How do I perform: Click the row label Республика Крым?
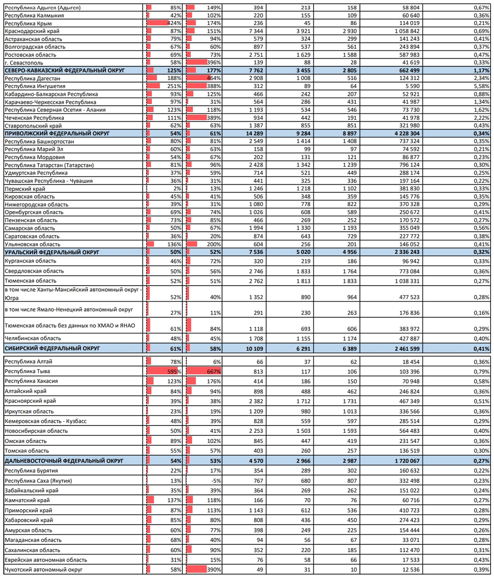coord(28,24)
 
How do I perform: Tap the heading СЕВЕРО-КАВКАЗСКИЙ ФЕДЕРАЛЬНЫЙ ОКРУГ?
coord(65,70)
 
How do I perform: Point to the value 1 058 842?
coord(407,31)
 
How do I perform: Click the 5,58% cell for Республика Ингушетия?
coord(482,86)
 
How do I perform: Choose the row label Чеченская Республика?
coord(34,118)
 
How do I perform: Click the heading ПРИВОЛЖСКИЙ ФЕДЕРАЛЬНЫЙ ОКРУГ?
coord(57,134)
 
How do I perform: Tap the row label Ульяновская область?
coord(32,244)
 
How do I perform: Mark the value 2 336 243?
coord(407,252)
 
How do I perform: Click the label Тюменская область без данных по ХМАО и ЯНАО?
coord(70,326)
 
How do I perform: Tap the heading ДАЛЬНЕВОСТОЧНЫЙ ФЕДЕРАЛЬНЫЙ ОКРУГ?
coord(64,461)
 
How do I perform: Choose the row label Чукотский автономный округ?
coord(44,569)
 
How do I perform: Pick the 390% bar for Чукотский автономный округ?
coord(197,569)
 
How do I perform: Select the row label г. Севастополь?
coord(24,63)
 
